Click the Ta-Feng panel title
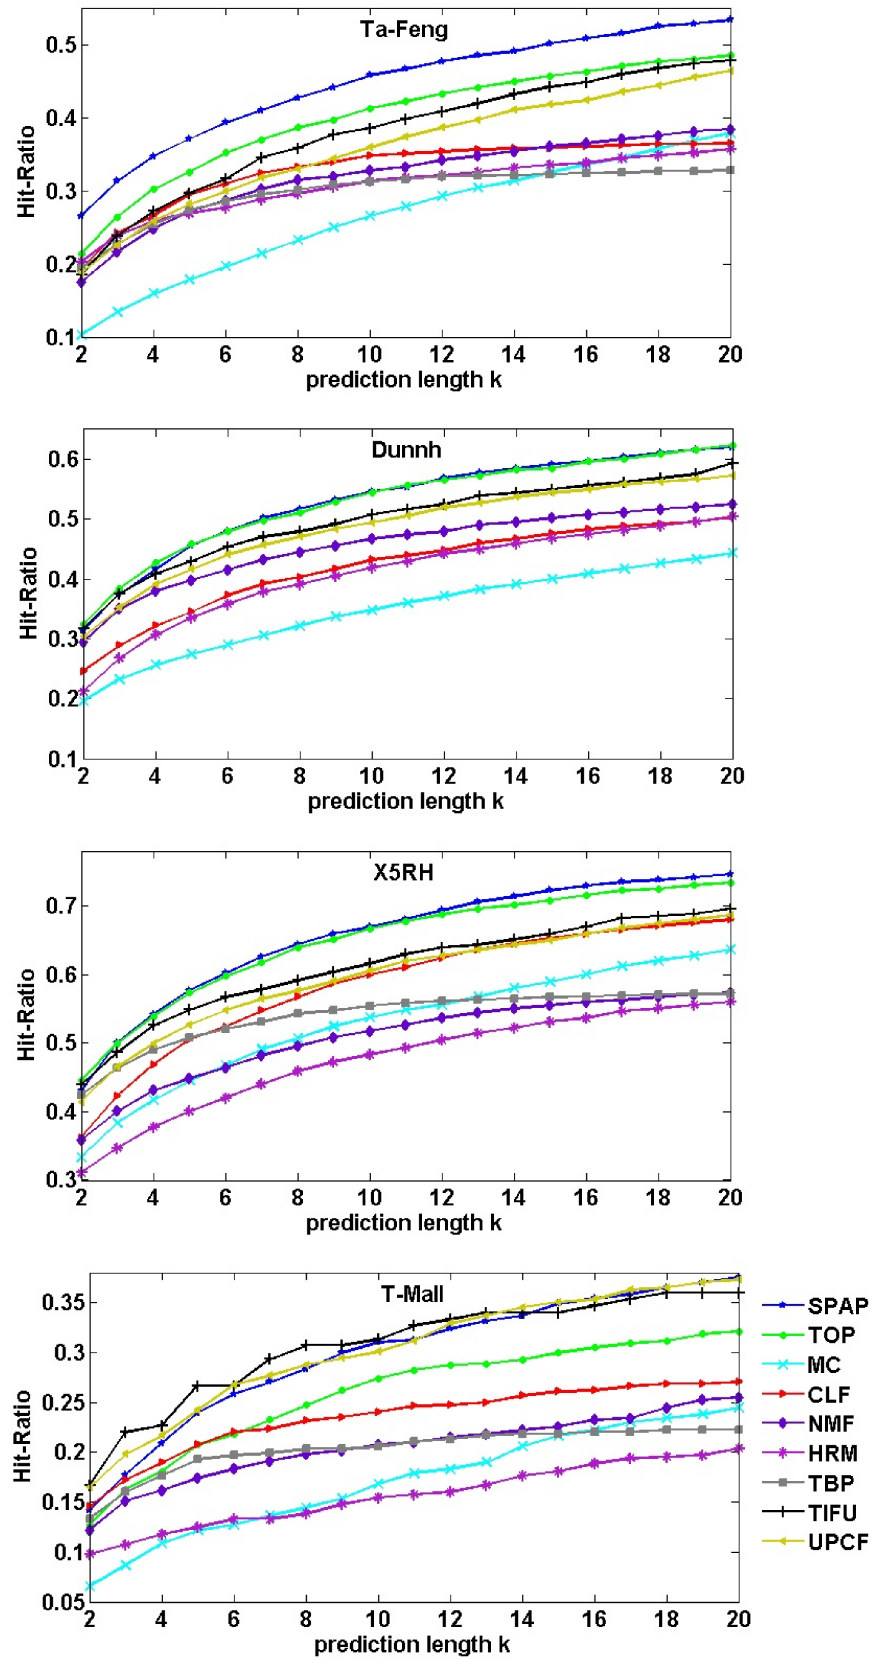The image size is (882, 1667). [x=404, y=30]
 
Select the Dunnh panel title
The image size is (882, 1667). [x=406, y=450]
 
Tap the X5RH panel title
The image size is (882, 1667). [x=403, y=873]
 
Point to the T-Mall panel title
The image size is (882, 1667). [x=412, y=1294]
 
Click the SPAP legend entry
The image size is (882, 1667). [x=837, y=1306]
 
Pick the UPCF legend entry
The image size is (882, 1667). [x=837, y=1543]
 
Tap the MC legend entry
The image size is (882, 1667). [x=823, y=1365]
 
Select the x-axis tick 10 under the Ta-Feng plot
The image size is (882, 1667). [x=369, y=354]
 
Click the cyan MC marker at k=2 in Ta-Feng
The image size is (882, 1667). [x=82, y=335]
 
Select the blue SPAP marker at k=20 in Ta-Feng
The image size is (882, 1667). [x=730, y=20]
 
